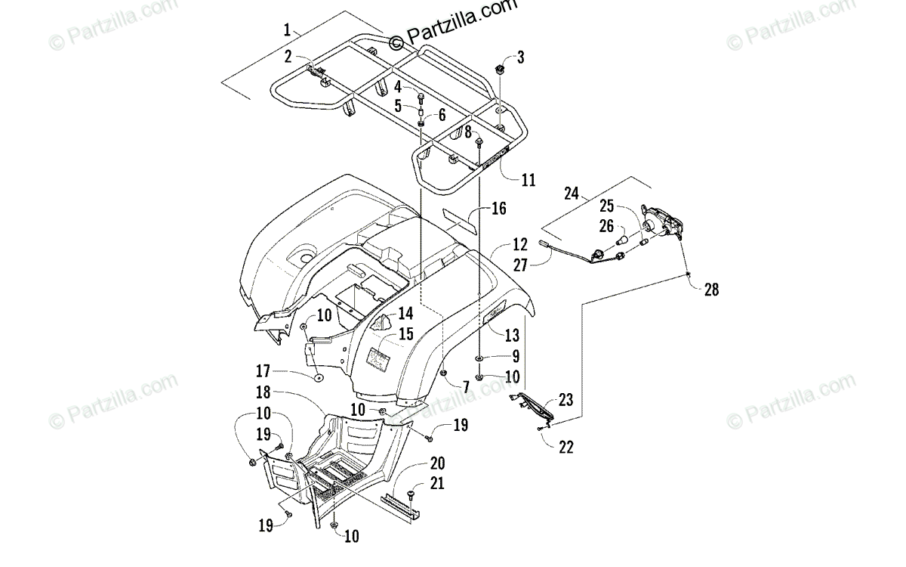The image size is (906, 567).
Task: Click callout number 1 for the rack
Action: pyautogui.click(x=287, y=30)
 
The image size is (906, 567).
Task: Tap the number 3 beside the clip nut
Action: pyautogui.click(x=520, y=57)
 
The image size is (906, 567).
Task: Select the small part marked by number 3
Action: pyautogui.click(x=501, y=69)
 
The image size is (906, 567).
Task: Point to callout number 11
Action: pyautogui.click(x=528, y=180)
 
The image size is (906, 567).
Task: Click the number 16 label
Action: pyautogui.click(x=499, y=209)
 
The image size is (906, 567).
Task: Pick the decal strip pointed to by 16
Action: pyautogui.click(x=459, y=222)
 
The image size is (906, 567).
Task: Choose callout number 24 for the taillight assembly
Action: pyautogui.click(x=571, y=194)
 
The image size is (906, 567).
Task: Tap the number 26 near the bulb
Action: pyautogui.click(x=607, y=226)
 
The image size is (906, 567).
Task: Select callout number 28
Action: pyautogui.click(x=711, y=290)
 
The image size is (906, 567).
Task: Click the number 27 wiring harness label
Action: pyautogui.click(x=520, y=265)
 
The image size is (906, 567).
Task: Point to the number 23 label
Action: pyautogui.click(x=565, y=400)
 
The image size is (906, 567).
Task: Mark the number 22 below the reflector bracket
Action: pyautogui.click(x=565, y=447)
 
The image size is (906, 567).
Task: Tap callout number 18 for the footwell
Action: pyautogui.click(x=263, y=392)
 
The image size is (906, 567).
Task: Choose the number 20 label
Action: pyautogui.click(x=437, y=463)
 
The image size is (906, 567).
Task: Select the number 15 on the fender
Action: pyautogui.click(x=406, y=333)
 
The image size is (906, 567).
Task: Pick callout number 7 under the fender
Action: pyautogui.click(x=467, y=388)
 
